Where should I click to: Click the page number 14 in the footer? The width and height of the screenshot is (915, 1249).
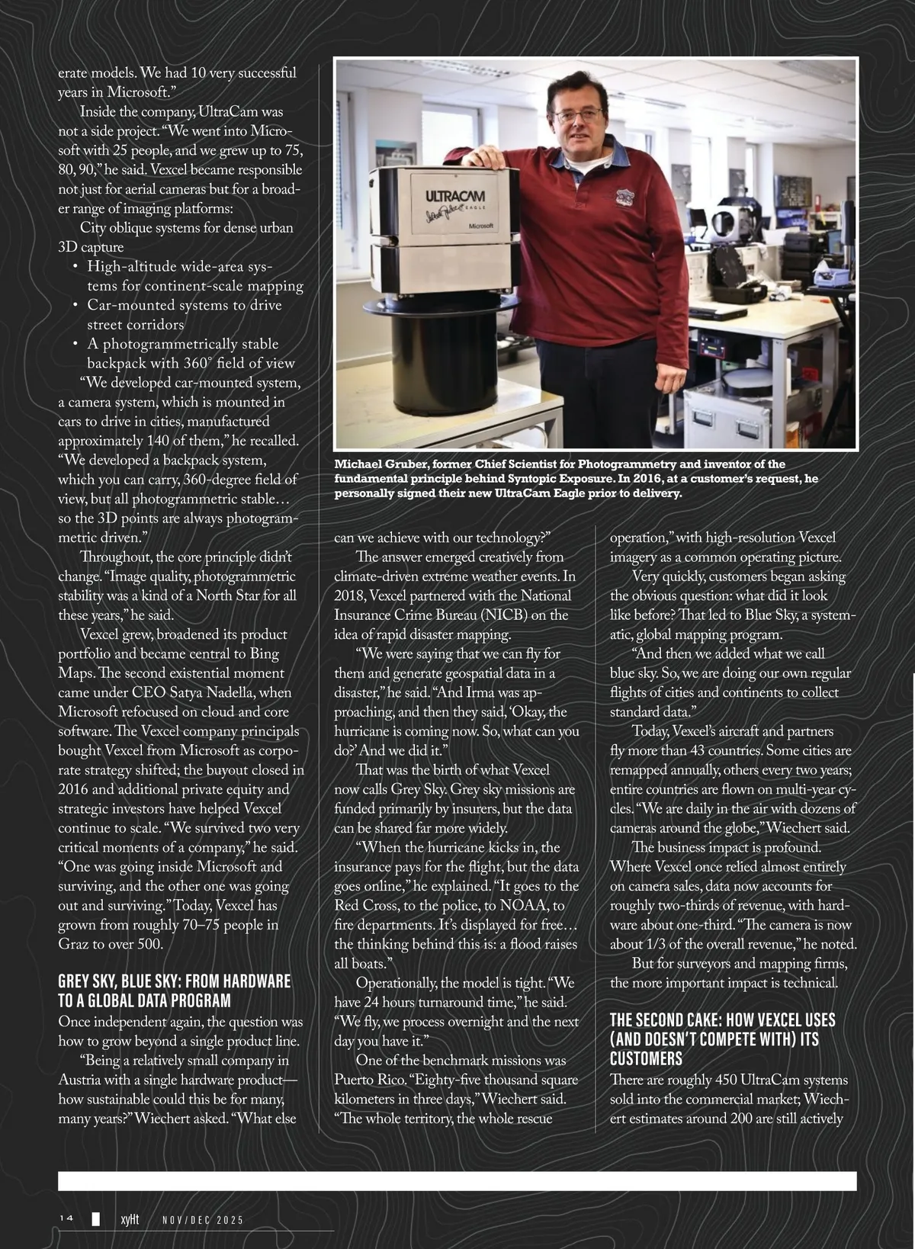pos(66,1218)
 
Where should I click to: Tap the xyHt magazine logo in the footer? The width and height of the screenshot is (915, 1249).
pos(130,1218)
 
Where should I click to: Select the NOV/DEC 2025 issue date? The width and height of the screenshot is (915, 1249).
pos(203,1219)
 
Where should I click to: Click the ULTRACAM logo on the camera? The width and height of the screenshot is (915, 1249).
pos(455,197)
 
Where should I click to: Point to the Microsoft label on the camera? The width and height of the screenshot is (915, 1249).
pos(480,226)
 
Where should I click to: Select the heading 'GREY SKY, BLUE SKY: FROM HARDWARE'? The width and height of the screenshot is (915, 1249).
pos(175,981)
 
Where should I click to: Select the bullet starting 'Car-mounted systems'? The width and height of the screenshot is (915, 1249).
pos(184,305)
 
